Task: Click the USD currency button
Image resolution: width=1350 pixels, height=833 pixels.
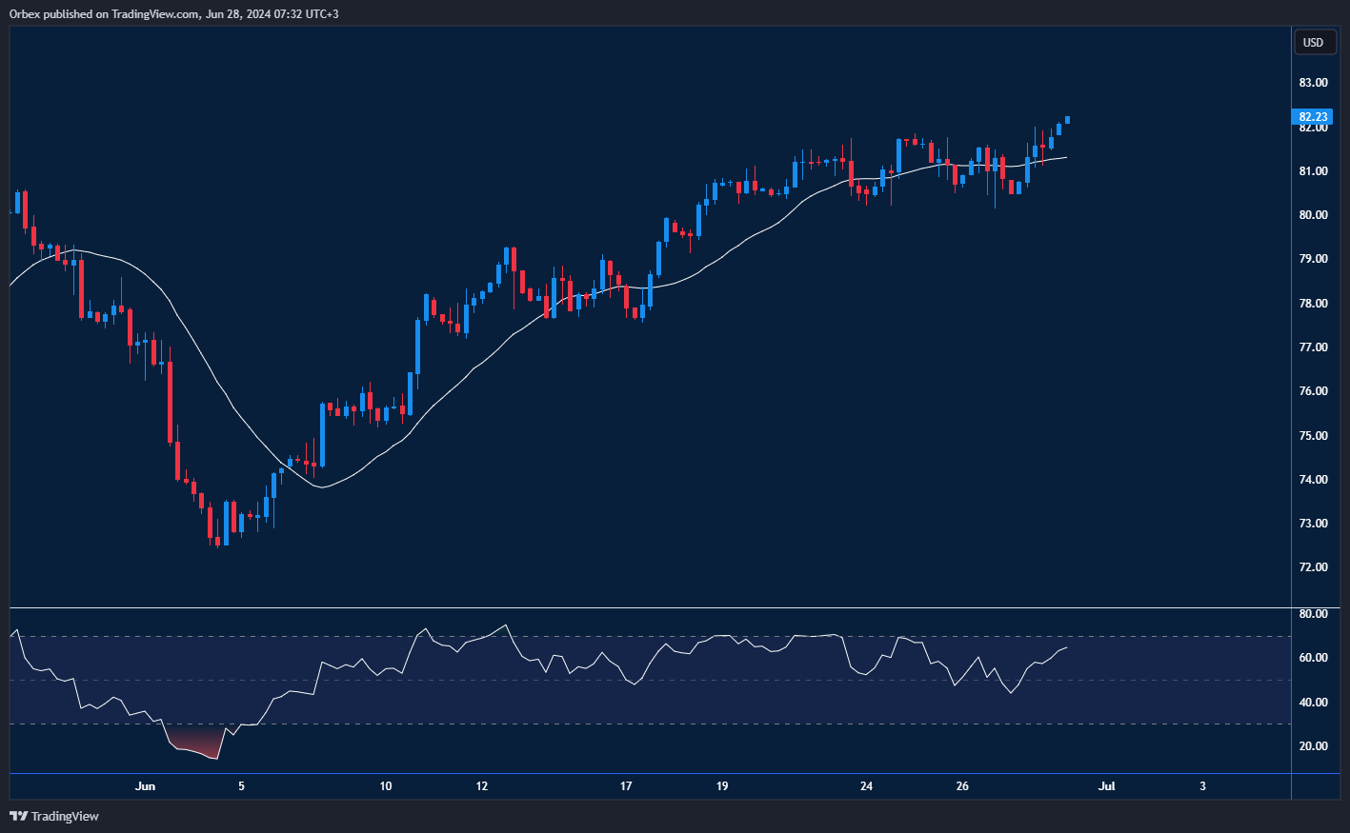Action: [x=1313, y=42]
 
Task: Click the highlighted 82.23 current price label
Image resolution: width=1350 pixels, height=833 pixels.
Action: [x=1313, y=117]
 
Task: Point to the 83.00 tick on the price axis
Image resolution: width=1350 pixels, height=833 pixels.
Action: [x=1313, y=83]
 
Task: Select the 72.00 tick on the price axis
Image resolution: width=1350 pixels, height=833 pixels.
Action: [x=1313, y=567]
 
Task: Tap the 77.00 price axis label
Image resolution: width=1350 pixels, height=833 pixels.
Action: [x=1313, y=347]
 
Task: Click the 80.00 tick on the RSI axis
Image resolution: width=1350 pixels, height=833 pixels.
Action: [x=1313, y=614]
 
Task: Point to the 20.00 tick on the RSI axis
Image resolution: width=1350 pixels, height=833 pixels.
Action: [x=1313, y=746]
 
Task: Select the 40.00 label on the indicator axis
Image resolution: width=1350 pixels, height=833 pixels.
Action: [x=1313, y=703]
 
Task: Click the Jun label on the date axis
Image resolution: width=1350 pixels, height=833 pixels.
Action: [x=145, y=786]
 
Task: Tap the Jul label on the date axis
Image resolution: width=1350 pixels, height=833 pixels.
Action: [x=1106, y=786]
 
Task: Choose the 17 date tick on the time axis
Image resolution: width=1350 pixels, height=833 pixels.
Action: [x=626, y=786]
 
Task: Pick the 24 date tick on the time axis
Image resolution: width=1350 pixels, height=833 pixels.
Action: [x=866, y=786]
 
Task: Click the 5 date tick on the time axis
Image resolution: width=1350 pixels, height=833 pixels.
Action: [x=241, y=786]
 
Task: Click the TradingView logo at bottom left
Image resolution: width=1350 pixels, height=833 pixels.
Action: [x=54, y=816]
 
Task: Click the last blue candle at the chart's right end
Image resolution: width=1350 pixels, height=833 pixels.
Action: [x=1067, y=120]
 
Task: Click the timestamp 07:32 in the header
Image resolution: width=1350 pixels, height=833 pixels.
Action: [x=279, y=14]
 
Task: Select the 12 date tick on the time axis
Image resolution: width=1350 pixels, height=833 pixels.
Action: [x=482, y=786]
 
